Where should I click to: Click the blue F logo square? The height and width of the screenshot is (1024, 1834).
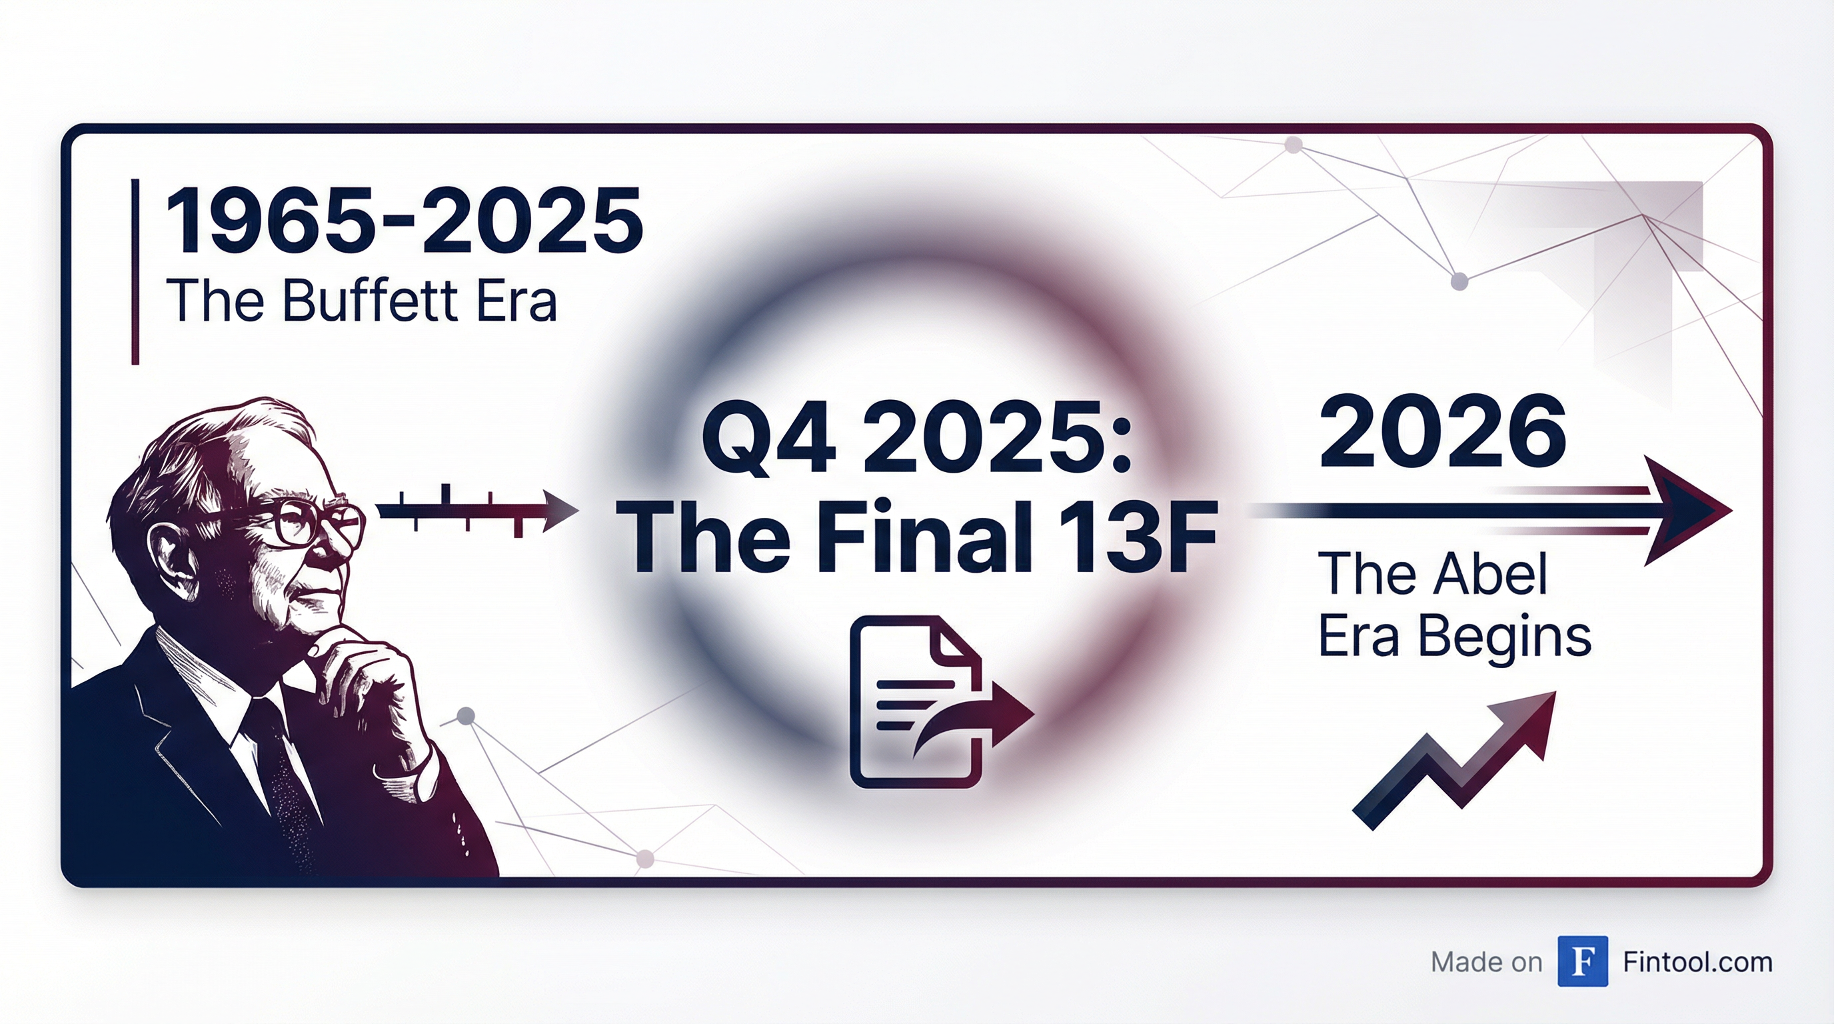1583,961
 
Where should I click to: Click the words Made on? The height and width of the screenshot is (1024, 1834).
1487,962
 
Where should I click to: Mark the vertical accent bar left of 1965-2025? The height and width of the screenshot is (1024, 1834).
135,272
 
